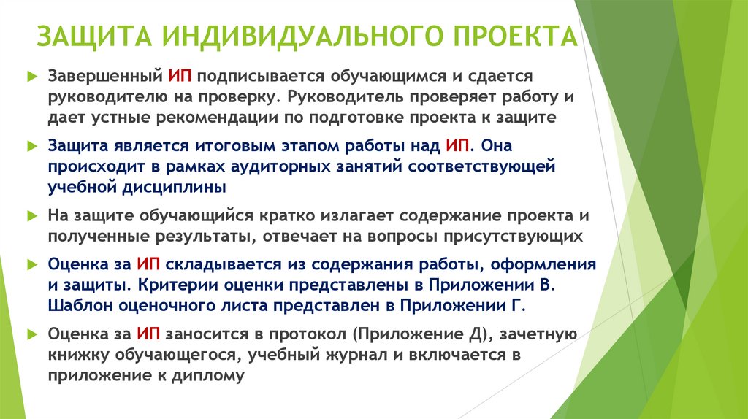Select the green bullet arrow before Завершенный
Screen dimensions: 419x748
[31, 76]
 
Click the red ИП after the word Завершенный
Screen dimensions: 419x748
[179, 75]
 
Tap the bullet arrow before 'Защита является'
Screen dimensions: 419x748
[31, 146]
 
